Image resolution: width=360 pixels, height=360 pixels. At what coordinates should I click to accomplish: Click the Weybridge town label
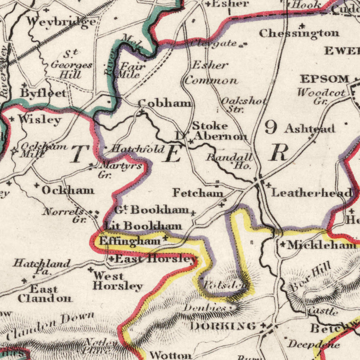coord(61,22)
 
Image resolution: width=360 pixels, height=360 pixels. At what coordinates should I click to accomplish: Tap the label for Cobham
coord(165,103)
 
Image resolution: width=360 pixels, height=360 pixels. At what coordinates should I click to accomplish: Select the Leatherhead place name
coord(312,193)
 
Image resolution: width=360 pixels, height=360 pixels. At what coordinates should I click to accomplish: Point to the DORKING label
coord(223,326)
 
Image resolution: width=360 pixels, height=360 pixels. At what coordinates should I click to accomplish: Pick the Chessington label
coord(299,33)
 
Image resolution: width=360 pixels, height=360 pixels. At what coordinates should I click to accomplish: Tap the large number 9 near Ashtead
coord(271,128)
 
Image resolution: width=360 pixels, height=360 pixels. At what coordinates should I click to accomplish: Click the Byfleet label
coord(43,93)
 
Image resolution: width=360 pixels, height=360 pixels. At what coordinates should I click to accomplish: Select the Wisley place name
coord(40,119)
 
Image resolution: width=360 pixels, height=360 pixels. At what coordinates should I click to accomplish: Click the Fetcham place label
coord(198,193)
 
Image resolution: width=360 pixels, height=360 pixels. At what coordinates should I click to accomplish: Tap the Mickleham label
coord(321,245)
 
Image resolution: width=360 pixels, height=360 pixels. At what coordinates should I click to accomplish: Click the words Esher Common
coord(211,72)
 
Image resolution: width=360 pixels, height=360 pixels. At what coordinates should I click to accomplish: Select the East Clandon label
coord(44,294)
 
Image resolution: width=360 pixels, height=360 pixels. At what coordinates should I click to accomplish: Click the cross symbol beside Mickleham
coord(283,244)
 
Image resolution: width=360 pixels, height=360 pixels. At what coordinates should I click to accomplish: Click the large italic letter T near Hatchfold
coord(80,154)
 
